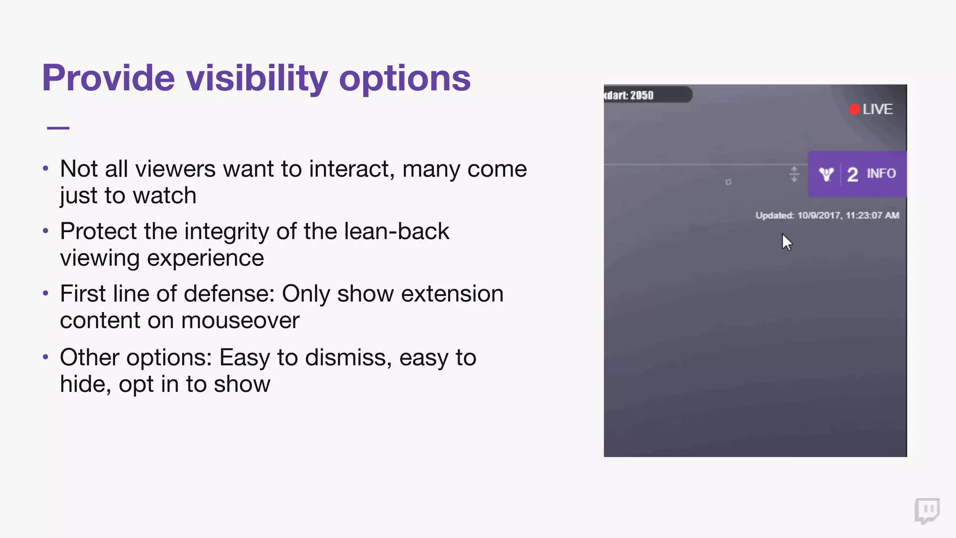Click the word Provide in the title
click(x=108, y=78)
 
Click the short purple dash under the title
click(x=58, y=127)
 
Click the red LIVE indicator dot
click(x=854, y=109)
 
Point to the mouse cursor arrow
click(x=787, y=242)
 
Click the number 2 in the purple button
click(x=852, y=175)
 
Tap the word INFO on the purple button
click(x=881, y=174)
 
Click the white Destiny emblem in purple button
click(x=826, y=174)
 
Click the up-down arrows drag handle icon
click(x=794, y=174)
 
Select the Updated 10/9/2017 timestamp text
click(x=827, y=215)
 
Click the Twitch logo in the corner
click(x=927, y=511)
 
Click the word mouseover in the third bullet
click(x=240, y=321)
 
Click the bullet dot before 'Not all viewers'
click(x=45, y=168)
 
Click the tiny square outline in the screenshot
click(x=728, y=182)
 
